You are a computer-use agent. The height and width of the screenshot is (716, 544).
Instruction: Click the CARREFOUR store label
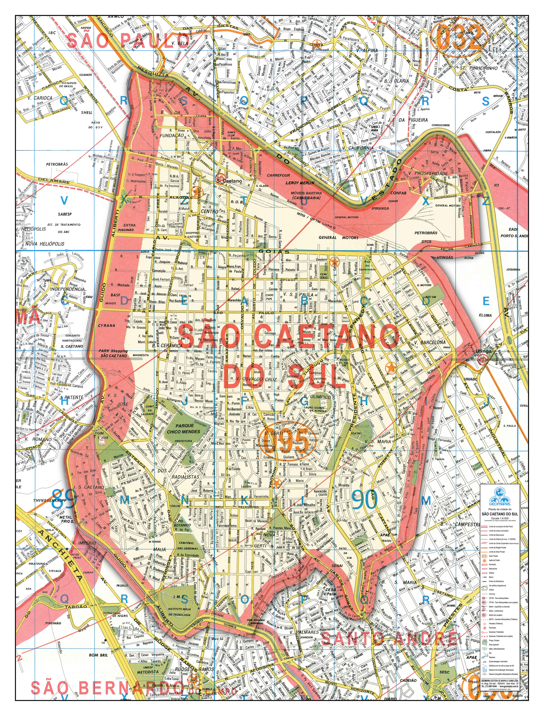[x=278, y=175]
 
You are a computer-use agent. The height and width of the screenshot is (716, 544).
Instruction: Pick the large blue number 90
[x=365, y=500]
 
